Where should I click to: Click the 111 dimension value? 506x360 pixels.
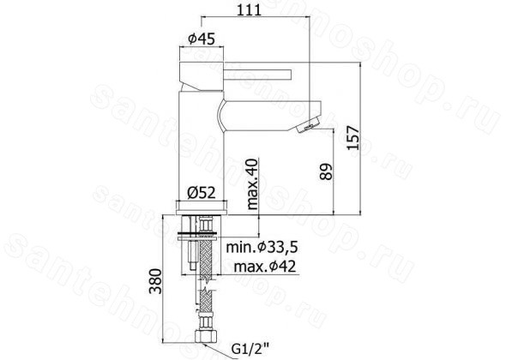click(249, 10)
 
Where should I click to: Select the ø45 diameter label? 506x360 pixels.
click(202, 39)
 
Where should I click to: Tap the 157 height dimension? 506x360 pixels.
click(353, 138)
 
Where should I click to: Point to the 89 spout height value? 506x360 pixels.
click(326, 171)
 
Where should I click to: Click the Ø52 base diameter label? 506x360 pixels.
click(202, 193)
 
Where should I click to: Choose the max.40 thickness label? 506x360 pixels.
click(253, 184)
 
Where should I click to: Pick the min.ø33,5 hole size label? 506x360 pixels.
click(262, 248)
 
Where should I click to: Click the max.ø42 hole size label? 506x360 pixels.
click(265, 267)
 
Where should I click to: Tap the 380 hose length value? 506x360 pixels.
click(155, 280)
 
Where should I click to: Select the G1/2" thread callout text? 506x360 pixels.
click(250, 349)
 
